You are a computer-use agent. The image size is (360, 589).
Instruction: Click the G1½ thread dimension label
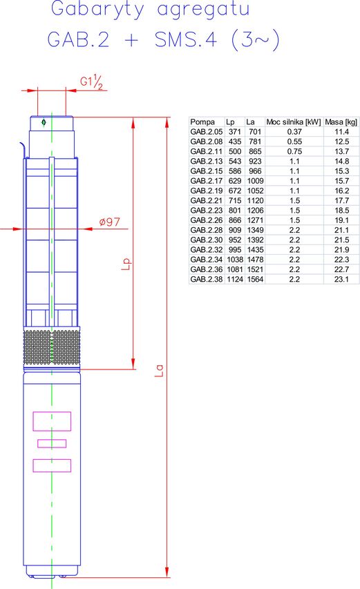[91, 82]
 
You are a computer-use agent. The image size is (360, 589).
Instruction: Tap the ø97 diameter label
[110, 222]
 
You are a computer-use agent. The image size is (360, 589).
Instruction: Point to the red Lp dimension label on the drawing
[126, 264]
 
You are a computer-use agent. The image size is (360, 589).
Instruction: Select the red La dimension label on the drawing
[159, 370]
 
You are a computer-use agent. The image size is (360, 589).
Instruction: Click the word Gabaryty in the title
[97, 10]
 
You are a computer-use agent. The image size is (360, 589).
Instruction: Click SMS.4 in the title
[186, 39]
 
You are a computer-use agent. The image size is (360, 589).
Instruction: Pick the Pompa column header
[202, 122]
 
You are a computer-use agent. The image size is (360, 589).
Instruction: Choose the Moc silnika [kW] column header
[294, 122]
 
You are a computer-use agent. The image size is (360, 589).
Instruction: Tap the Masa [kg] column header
[341, 122]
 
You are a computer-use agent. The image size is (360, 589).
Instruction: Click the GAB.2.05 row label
[207, 132]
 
